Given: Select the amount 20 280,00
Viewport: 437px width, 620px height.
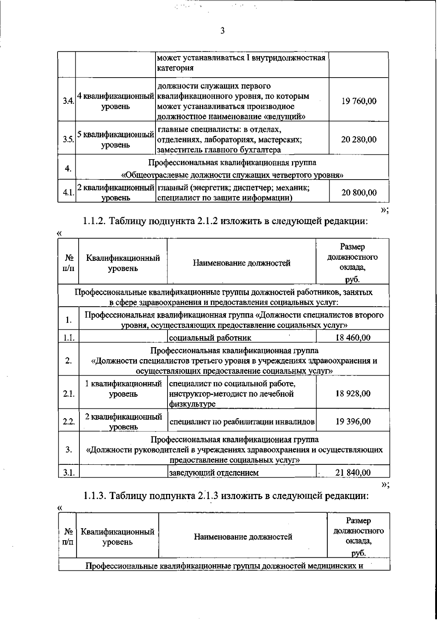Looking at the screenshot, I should [x=359, y=140].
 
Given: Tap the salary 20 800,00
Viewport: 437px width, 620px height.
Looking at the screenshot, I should [x=359, y=193].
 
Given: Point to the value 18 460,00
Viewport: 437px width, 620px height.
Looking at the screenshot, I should [x=353, y=337].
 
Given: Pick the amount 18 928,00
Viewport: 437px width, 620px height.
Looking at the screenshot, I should [x=353, y=394].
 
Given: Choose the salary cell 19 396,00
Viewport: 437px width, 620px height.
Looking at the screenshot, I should [x=353, y=421].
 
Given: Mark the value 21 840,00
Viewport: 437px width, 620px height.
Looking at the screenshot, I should [x=353, y=472].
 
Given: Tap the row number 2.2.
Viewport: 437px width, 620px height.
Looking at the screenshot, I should [x=68, y=422].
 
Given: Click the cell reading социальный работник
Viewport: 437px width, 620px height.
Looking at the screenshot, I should [x=210, y=338].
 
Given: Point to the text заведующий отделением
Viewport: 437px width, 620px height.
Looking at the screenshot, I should [x=214, y=473].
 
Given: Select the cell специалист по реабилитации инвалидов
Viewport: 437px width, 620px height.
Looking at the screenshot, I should [x=242, y=422].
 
